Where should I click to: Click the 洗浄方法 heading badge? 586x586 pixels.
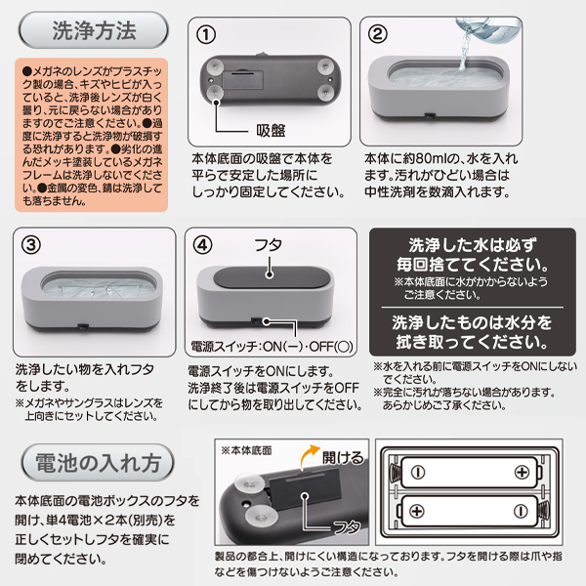tap(94, 30)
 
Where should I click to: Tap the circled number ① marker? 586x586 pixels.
tap(206, 35)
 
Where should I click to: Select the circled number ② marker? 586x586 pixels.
tap(377, 34)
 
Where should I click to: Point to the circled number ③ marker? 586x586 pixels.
tap(31, 245)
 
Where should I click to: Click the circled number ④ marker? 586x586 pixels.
tap(202, 245)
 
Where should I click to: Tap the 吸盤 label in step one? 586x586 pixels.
tap(271, 131)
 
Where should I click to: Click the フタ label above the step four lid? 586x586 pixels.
tap(268, 245)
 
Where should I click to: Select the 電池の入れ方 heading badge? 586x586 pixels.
tap(98, 463)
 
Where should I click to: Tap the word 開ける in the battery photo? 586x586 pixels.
tap(343, 457)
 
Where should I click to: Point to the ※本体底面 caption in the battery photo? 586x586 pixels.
tap(246, 450)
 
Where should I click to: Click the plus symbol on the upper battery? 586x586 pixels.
tap(522, 473)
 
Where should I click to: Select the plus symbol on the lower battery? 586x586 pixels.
tap(417, 511)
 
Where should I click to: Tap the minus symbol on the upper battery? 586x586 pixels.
tap(417, 473)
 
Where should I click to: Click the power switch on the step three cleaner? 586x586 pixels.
tap(82, 327)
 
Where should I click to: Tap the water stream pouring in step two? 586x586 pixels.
tap(463, 49)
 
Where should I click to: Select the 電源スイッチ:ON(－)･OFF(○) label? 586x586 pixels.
tap(272, 347)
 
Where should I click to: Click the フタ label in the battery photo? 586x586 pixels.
tap(347, 527)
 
